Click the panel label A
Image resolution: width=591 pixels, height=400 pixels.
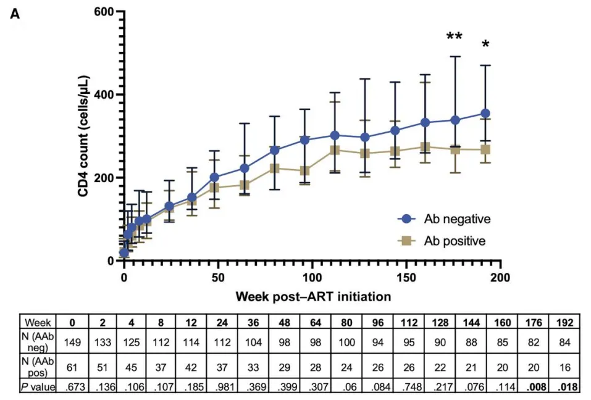coord(15,14)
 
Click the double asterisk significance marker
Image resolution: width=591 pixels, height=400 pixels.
coord(455,37)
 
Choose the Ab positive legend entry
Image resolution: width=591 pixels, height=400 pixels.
coord(445,241)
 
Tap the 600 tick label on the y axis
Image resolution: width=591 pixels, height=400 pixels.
coord(104,12)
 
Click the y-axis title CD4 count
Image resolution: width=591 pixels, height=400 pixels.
coord(83,136)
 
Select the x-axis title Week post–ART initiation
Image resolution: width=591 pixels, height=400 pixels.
coord(313,296)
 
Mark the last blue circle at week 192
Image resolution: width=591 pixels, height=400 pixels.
coord(485,114)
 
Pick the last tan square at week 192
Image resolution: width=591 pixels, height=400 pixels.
coord(485,149)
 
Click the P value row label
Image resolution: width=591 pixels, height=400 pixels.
coord(38,387)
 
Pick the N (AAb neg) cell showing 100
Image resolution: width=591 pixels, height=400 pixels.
coord(342,341)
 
